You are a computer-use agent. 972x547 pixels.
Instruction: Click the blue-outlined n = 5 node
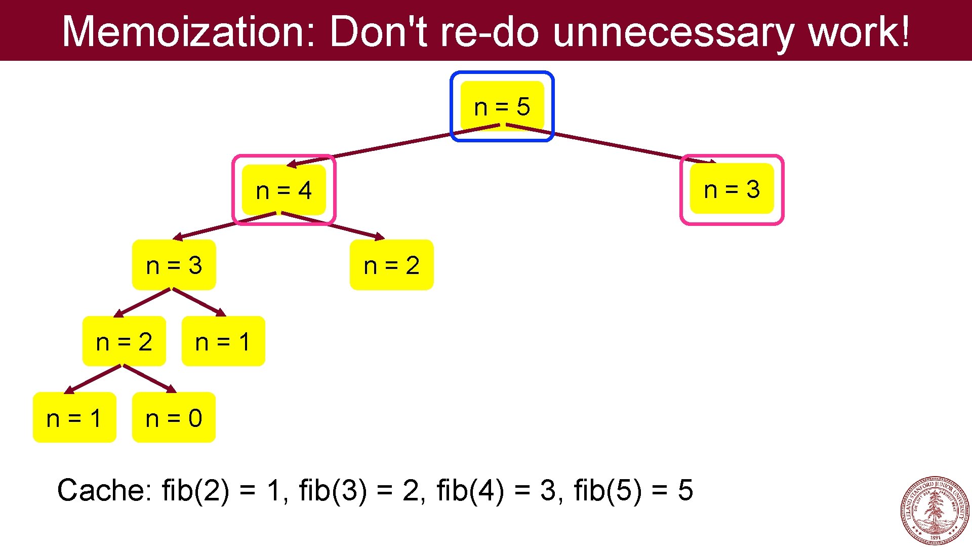pyautogui.click(x=502, y=106)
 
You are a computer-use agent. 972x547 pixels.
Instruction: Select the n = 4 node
pyautogui.click(x=283, y=190)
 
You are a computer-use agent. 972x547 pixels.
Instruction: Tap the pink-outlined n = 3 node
pyautogui.click(x=732, y=189)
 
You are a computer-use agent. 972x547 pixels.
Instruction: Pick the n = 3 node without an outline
pyautogui.click(x=174, y=265)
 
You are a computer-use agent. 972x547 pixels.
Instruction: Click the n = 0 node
pyautogui.click(x=174, y=418)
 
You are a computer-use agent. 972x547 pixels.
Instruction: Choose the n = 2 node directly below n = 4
pyautogui.click(x=391, y=265)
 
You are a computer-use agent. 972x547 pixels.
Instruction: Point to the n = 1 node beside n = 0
pyautogui.click(x=74, y=418)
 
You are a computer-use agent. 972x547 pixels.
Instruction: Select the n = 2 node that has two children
pyautogui.click(x=124, y=341)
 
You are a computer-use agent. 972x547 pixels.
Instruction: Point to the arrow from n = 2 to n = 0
pyautogui.click(x=149, y=378)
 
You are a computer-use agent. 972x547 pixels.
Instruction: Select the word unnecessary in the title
pyautogui.click(x=673, y=31)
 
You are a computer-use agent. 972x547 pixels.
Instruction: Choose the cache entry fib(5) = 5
pyautogui.click(x=633, y=490)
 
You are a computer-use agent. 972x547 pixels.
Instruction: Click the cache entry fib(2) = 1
pyautogui.click(x=223, y=490)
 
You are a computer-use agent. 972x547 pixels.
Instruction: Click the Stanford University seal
pyautogui.click(x=935, y=511)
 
